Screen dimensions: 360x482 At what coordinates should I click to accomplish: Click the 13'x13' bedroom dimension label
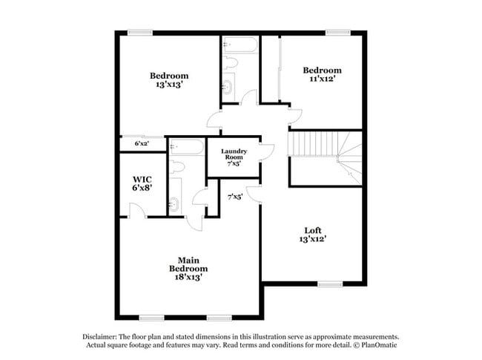point(168,85)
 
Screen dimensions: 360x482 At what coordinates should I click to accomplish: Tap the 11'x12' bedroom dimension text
point(322,80)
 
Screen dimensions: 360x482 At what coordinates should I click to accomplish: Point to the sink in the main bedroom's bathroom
point(175,203)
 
